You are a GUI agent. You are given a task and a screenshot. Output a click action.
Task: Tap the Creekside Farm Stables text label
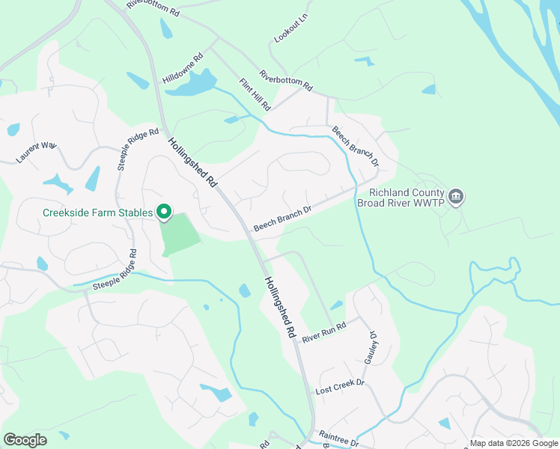tap(98, 213)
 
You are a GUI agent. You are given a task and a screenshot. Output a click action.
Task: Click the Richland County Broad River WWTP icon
tap(457, 198)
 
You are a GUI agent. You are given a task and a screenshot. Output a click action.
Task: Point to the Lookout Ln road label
tap(291, 28)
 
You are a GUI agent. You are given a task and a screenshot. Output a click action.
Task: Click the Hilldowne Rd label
tap(183, 68)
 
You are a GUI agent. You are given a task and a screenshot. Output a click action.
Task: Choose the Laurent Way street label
tap(36, 152)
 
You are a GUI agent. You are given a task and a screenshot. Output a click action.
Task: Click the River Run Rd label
tap(324, 333)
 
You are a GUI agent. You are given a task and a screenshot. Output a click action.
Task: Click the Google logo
tap(25, 440)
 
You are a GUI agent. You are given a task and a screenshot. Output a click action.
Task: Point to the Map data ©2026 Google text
tap(514, 443)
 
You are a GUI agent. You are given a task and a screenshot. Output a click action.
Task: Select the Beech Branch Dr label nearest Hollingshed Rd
tap(281, 219)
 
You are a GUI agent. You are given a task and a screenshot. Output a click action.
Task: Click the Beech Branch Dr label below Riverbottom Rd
tap(355, 146)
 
